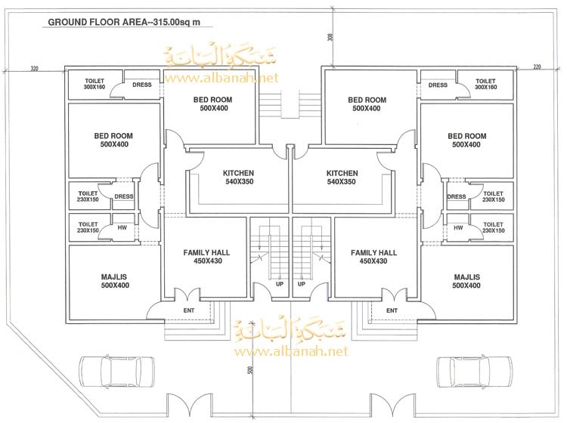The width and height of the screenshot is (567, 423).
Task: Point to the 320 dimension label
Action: [x=34, y=68]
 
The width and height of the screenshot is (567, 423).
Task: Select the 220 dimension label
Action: [x=538, y=67]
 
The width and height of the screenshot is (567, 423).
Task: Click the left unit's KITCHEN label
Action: [x=238, y=178]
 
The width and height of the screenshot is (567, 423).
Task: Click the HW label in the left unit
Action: [x=121, y=227]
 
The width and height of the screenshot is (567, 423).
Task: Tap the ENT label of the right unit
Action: [x=392, y=310]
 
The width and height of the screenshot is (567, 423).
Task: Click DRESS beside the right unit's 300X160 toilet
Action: [x=438, y=85]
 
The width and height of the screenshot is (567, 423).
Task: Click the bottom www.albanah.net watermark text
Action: [x=292, y=351]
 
